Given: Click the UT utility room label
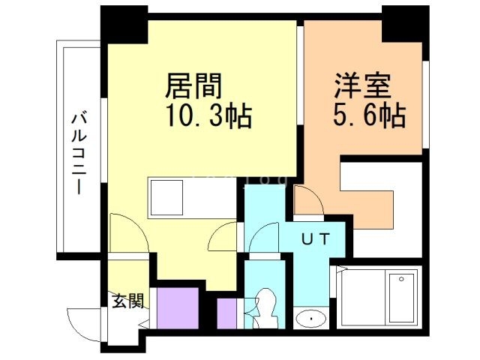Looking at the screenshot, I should pos(316,240).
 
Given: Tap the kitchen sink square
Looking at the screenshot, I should pos(163,197).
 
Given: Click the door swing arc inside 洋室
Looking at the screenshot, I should pos(307,201).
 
